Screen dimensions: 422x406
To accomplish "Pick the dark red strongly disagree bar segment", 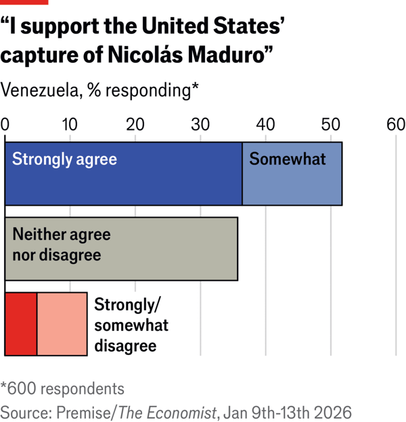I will (21, 324).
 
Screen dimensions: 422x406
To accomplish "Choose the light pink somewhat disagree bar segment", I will (62, 324).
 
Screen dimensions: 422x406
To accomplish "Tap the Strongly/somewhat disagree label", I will (131, 325).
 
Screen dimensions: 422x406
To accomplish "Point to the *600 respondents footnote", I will (62, 389).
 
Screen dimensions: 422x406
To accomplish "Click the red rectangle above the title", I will (24, 3).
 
